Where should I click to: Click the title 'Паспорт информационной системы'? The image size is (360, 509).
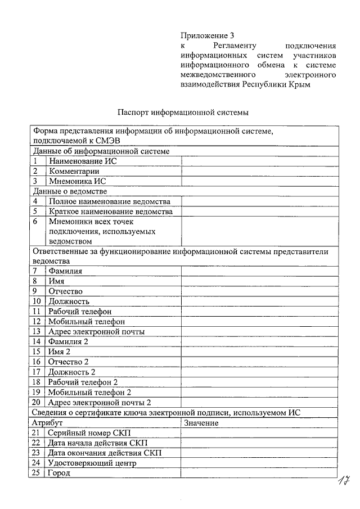coord(182,112)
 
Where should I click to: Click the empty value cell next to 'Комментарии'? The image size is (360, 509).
coord(259,171)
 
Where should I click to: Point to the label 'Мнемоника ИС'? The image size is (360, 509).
coord(77,181)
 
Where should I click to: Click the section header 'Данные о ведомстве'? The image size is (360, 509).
coord(70,191)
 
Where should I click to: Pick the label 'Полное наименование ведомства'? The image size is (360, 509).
coord(109,201)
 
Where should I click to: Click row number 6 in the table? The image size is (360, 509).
coord(35,222)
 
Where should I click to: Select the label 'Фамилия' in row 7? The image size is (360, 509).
coord(65,271)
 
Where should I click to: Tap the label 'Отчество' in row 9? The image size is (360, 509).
coord(66,291)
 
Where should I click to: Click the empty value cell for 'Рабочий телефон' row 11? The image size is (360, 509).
coord(259,311)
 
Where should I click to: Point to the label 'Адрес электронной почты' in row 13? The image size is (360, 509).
coord(96,331)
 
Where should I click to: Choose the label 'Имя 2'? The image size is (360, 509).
coord(60,352)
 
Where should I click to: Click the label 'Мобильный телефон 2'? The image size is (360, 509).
coord(89,392)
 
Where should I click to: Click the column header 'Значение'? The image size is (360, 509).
coord(201,422)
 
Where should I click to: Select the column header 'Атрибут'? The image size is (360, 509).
coord(47,422)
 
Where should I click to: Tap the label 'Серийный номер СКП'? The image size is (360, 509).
coord(89,433)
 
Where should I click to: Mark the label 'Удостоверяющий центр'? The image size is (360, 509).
coord(92,463)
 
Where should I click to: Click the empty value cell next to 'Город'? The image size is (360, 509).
coord(259,473)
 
